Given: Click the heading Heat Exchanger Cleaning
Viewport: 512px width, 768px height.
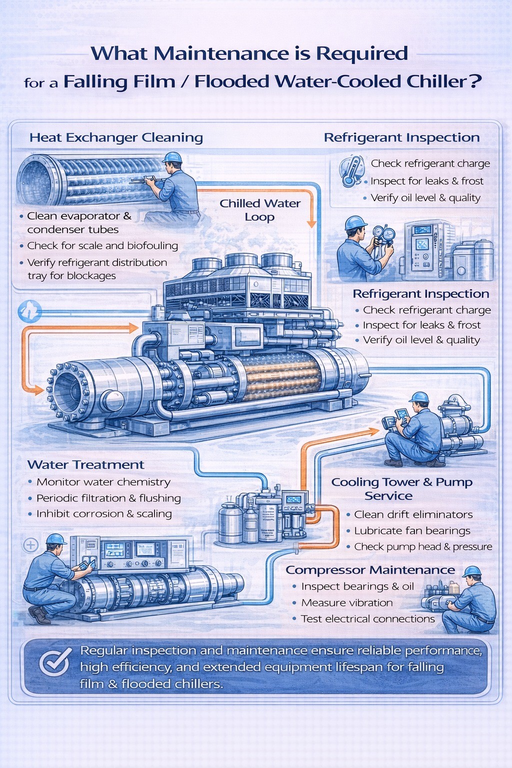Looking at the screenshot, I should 116,137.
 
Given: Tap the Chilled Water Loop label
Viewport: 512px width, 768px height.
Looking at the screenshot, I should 260,210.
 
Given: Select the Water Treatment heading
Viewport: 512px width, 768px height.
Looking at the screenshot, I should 85,464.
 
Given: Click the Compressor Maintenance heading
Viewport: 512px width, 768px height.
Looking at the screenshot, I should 370,570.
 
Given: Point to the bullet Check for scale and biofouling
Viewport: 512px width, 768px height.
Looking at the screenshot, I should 102,245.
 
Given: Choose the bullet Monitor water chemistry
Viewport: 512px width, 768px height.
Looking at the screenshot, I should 103,482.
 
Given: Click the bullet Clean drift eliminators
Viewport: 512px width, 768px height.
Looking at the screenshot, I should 413,514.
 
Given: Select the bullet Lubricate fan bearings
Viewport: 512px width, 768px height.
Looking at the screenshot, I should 412,530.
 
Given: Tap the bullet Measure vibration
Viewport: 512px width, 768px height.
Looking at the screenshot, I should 347,602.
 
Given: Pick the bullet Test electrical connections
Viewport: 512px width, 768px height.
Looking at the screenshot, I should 367,618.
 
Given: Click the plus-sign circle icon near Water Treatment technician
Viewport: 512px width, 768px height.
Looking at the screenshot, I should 31,544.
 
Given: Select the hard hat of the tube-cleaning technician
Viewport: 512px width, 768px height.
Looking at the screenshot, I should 172,157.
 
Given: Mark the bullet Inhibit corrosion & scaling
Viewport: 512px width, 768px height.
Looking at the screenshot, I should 104,513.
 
